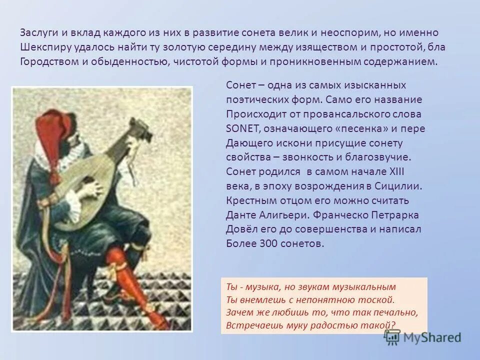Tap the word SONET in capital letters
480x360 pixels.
pyautogui.click(x=241, y=128)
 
